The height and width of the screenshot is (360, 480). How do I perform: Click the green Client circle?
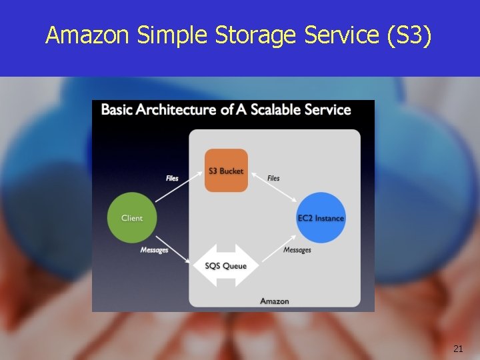click(x=132, y=218)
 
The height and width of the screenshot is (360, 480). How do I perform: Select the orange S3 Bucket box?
click(x=226, y=171)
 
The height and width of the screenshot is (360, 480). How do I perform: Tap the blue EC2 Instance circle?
click(x=321, y=218)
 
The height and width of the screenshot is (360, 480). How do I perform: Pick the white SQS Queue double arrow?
click(x=225, y=266)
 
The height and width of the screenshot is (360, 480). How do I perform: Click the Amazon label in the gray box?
click(x=274, y=301)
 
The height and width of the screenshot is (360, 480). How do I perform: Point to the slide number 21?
click(x=457, y=348)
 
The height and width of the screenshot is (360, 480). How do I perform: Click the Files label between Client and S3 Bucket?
click(x=172, y=178)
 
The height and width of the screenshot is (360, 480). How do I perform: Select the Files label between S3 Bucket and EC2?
click(x=273, y=178)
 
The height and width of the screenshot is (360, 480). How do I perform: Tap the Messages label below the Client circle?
click(x=154, y=250)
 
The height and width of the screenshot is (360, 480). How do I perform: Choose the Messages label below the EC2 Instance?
click(x=297, y=250)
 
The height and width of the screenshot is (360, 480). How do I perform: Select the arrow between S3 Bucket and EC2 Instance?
click(x=273, y=187)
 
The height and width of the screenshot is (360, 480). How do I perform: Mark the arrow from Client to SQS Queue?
click(x=179, y=249)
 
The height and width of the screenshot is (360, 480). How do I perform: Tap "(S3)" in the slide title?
click(x=409, y=35)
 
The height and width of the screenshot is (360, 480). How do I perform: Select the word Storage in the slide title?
click(x=257, y=35)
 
